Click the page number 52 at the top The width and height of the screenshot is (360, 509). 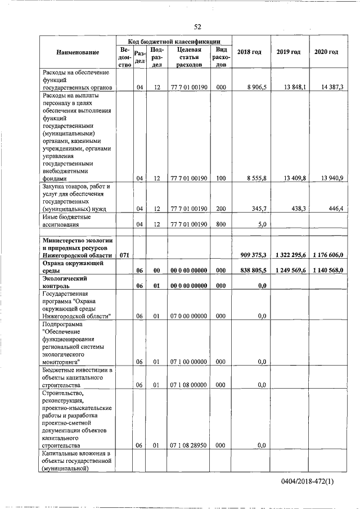197,26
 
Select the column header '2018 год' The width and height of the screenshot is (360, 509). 249,52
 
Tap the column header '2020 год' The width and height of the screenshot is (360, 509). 326,52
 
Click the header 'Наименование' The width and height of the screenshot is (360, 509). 78,52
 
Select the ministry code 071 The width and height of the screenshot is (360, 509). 124,255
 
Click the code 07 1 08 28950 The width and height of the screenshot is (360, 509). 188,445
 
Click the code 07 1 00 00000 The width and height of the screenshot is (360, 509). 188,362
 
